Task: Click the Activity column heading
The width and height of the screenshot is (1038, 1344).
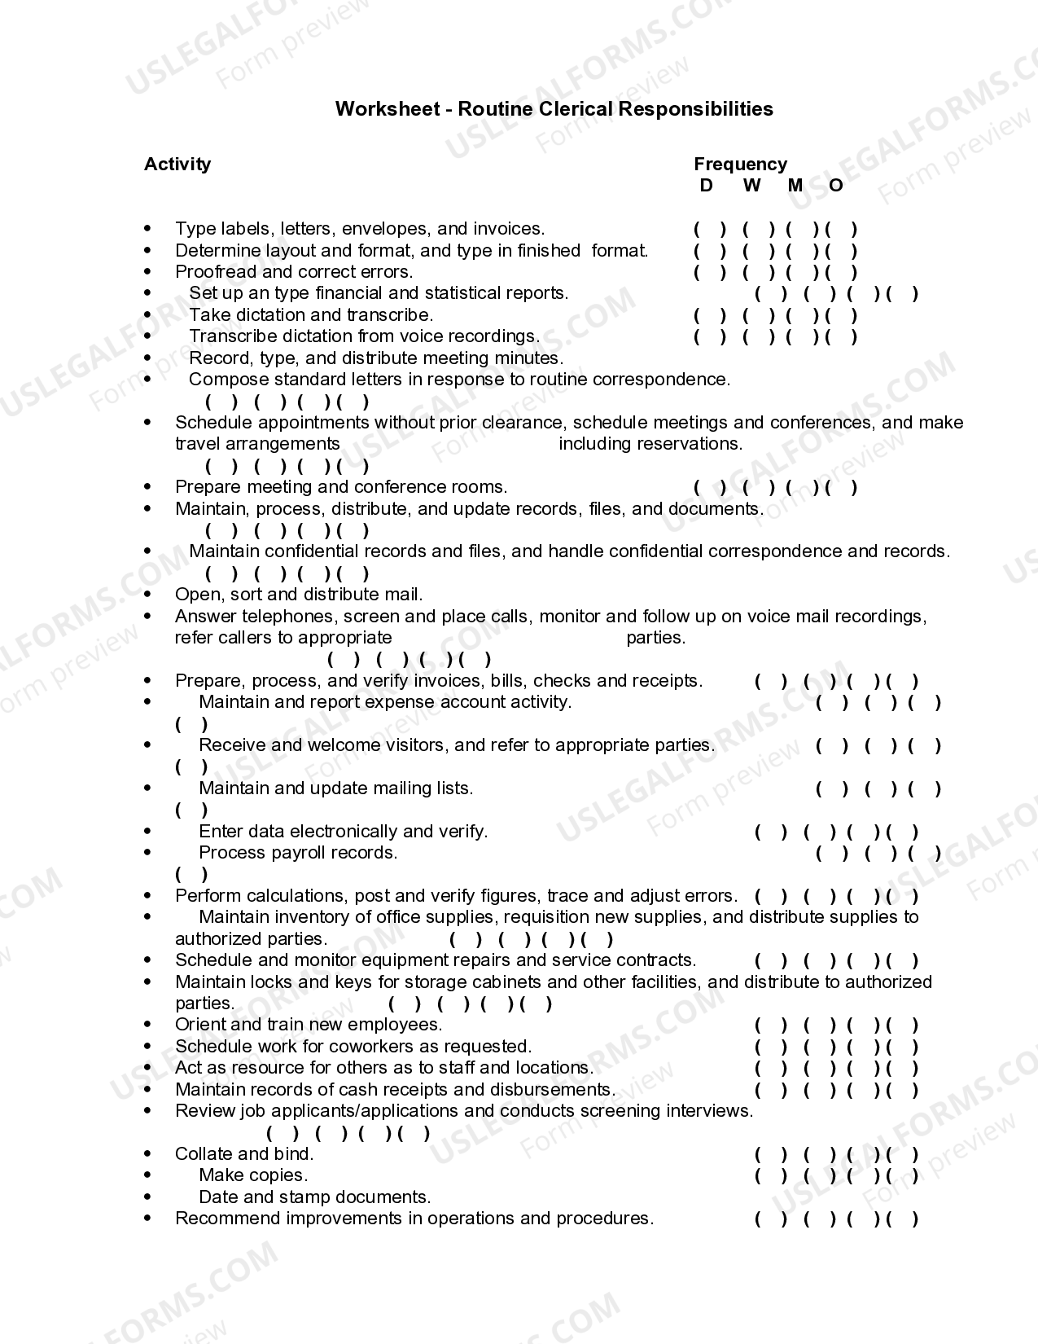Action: click(x=177, y=165)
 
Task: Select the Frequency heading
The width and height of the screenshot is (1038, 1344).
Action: click(x=740, y=165)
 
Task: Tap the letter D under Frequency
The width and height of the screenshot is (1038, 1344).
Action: click(x=706, y=186)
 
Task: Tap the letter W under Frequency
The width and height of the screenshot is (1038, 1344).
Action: click(x=751, y=186)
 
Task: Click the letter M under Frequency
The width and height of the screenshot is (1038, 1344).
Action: click(x=795, y=186)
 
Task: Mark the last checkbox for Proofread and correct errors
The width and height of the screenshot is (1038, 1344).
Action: click(x=842, y=273)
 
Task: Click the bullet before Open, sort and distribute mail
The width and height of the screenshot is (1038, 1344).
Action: click(x=147, y=595)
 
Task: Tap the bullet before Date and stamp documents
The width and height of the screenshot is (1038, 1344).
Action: click(x=147, y=1197)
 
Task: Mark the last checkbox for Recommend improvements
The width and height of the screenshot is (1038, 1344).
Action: click(x=903, y=1219)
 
